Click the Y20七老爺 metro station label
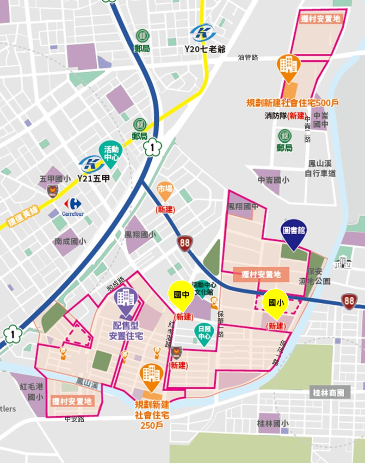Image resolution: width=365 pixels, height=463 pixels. pos(204,49)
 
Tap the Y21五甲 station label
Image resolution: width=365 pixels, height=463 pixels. pos(93,178)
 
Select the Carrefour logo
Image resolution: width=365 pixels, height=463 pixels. pos(73,206)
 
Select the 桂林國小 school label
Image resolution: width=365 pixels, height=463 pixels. pos(273,423)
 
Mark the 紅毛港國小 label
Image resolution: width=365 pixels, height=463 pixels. pos(31,391)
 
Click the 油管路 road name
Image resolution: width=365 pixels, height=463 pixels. pos(248,57)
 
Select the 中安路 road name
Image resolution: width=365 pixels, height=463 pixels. pos(74,419)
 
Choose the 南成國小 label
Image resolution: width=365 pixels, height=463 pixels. pos(70,241)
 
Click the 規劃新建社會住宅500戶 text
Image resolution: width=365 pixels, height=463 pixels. pos(292,102)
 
